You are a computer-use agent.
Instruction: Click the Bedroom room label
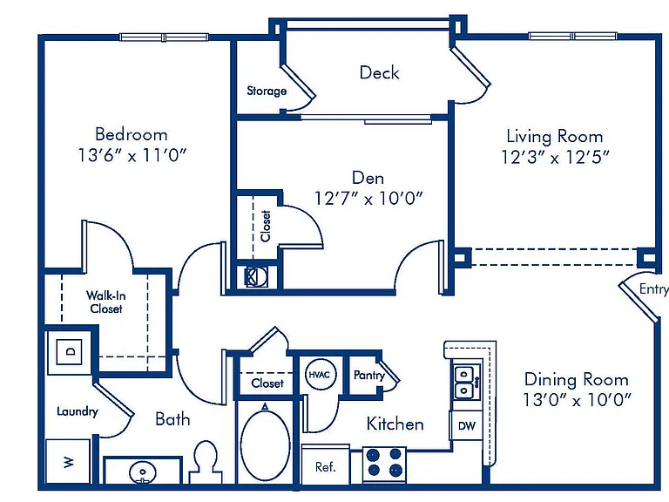[131, 134]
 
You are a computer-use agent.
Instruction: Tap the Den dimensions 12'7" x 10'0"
[368, 198]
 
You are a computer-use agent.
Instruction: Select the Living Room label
[555, 136]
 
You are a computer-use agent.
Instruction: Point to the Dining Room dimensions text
[577, 400]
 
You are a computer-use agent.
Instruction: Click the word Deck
[379, 72]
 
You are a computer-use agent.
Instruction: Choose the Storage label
[267, 91]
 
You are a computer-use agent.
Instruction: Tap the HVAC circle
[319, 375]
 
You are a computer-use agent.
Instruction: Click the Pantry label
[369, 375]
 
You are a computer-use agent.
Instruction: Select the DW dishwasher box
[467, 425]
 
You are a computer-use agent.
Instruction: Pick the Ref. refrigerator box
[326, 465]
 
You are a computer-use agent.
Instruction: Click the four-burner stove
[384, 465]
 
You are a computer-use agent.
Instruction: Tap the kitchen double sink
[466, 382]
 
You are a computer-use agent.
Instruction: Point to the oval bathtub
[265, 444]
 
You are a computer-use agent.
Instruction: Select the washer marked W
[68, 461]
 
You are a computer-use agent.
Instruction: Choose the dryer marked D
[69, 352]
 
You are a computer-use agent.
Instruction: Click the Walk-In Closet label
[105, 302]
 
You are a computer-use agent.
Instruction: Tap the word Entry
[653, 289]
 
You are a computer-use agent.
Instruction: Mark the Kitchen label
[395, 424]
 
